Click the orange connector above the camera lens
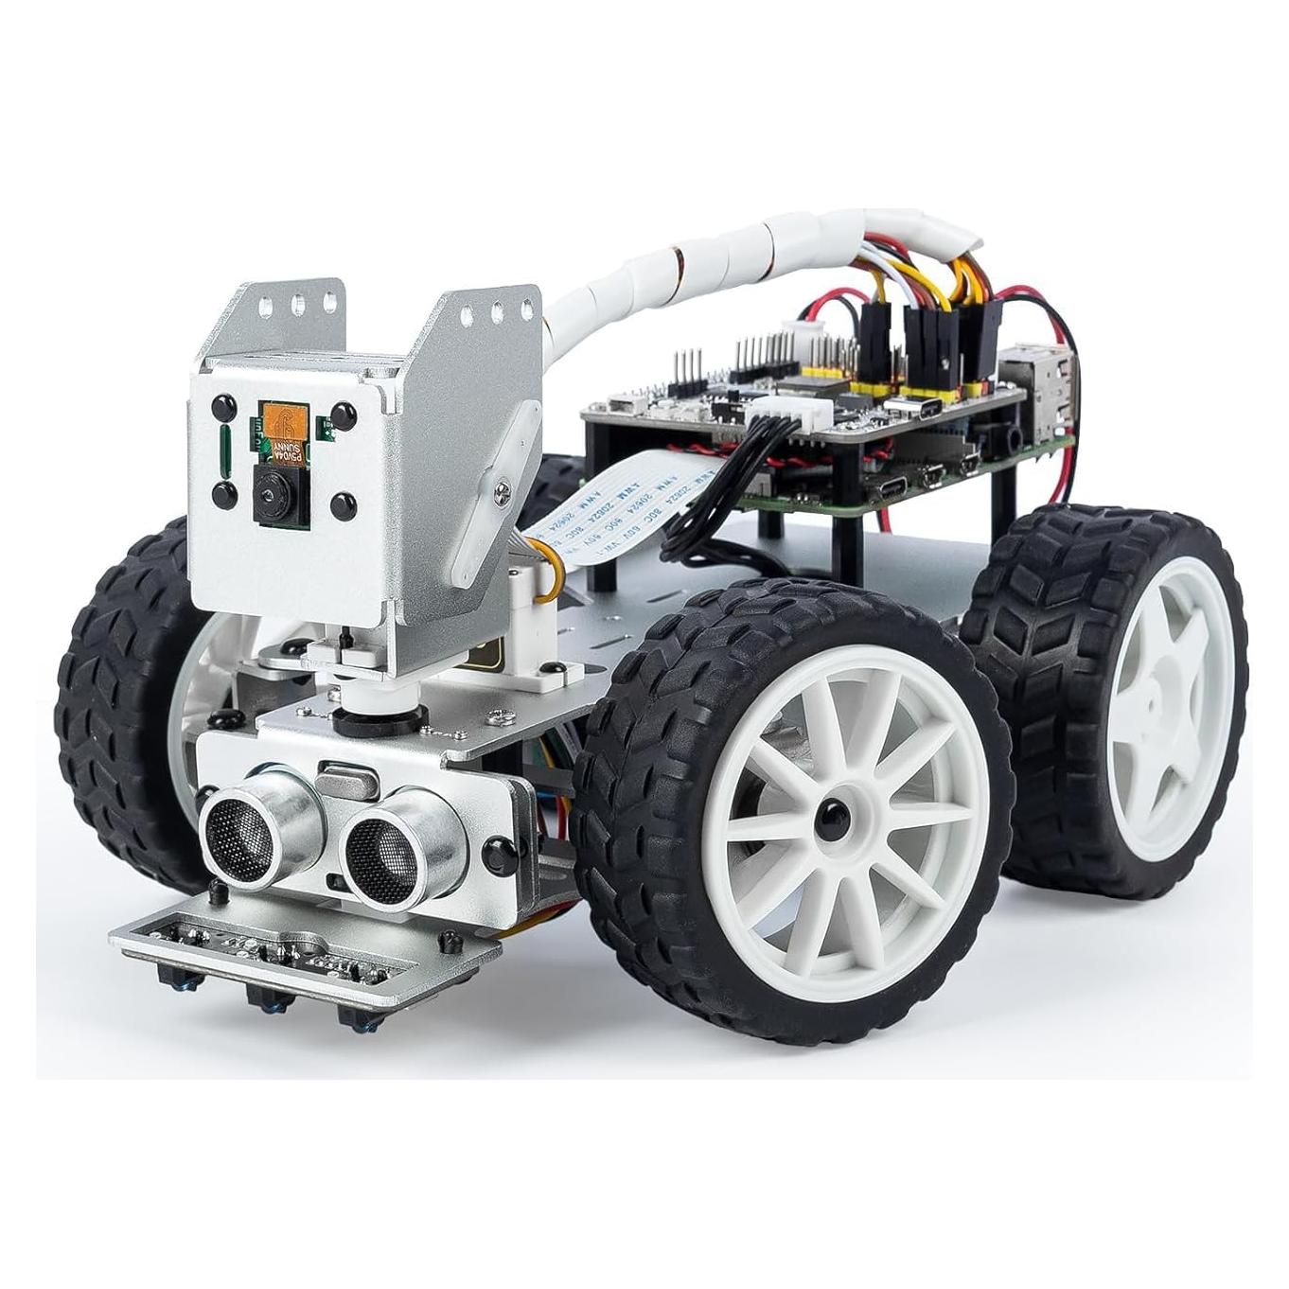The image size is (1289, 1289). (x=280, y=420)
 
